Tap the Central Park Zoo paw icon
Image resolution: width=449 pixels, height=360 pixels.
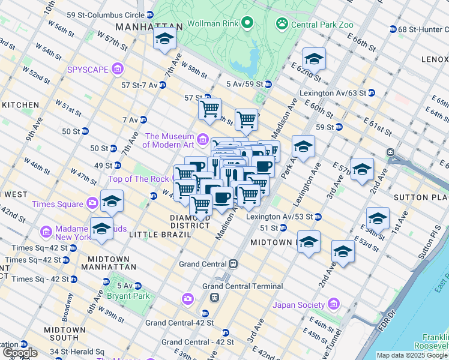click(x=282, y=23)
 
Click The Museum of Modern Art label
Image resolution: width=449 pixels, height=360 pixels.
click(x=169, y=140)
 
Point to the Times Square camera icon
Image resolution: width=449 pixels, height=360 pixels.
click(x=92, y=203)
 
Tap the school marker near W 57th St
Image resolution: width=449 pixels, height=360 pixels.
click(x=164, y=40)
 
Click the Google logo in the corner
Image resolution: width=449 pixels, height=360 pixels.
click(x=20, y=353)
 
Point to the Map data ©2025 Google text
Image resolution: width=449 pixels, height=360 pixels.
click(x=412, y=355)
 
